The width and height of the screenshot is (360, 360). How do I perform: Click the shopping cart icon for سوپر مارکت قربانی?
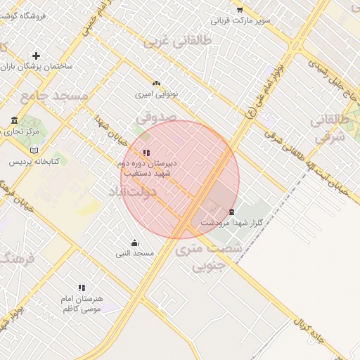pyautogui.click(x=240, y=10)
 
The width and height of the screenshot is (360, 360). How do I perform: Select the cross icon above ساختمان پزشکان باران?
pyautogui.click(x=36, y=56)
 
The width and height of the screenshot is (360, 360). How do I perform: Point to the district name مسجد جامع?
pyautogui.click(x=54, y=96)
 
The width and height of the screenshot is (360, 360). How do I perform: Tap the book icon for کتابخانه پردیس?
pyautogui.click(x=34, y=150)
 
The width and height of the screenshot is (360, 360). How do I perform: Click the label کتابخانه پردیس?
pyautogui.click(x=34, y=161)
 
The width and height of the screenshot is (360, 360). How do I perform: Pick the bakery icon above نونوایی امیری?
pyautogui.click(x=156, y=82)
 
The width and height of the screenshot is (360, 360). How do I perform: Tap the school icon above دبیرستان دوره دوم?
pyautogui.click(x=146, y=153)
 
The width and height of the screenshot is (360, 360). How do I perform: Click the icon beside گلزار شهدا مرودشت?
pyautogui.click(x=231, y=212)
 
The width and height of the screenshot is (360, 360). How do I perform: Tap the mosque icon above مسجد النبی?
pyautogui.click(x=134, y=243)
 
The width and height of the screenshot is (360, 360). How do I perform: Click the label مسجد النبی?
pyautogui.click(x=135, y=253)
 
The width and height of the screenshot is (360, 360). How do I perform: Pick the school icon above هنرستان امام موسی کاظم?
pyautogui.click(x=82, y=288)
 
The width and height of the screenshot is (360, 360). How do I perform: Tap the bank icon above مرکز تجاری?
pyautogui.click(x=15, y=120)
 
